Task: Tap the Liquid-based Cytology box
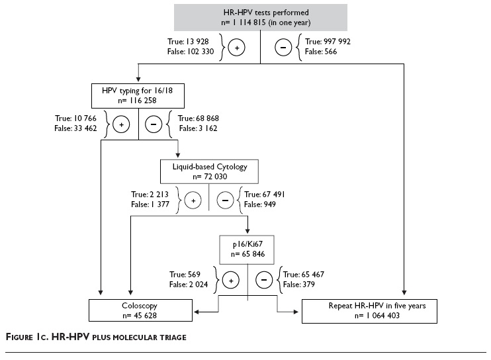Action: pyautogui.click(x=208, y=171)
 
